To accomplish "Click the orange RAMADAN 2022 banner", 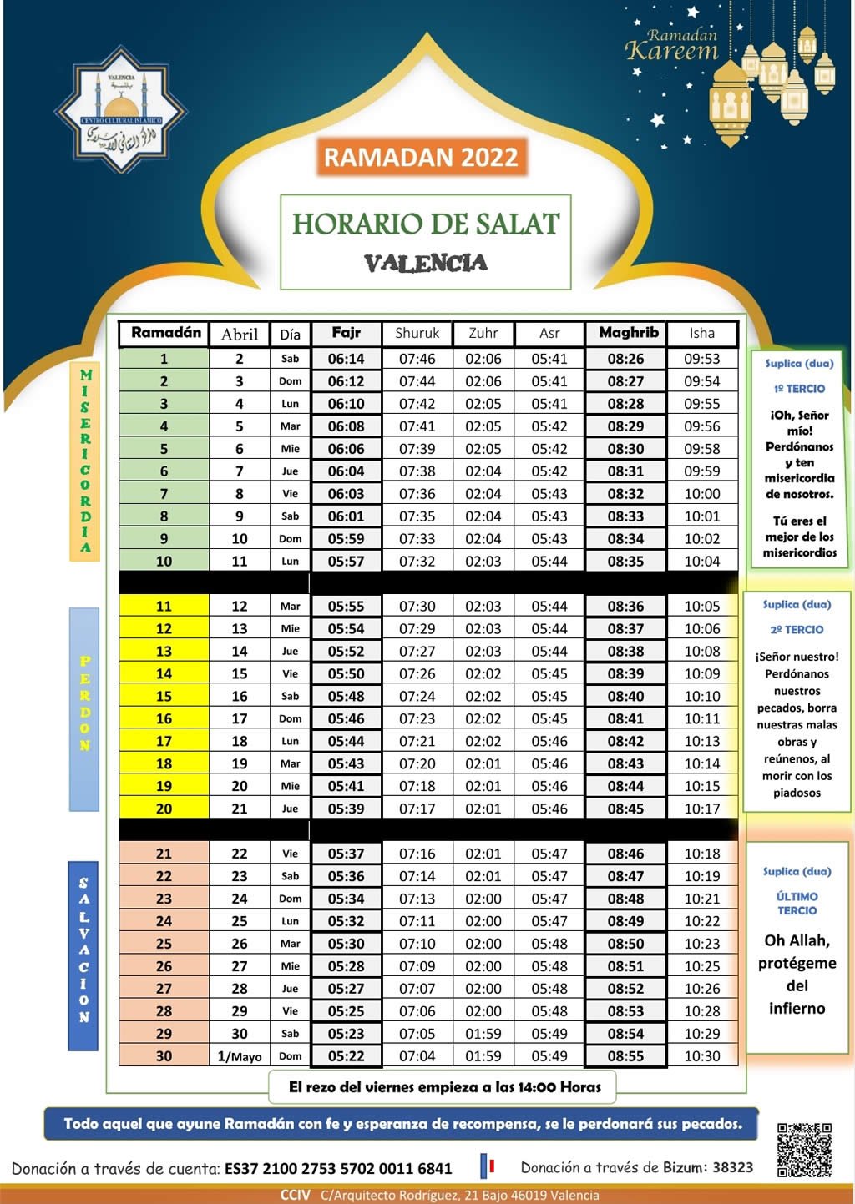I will [422, 157].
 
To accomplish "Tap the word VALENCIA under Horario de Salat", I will [426, 263].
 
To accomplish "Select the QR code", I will [804, 1150].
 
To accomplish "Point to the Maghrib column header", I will [628, 333].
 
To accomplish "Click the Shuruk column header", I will [417, 333].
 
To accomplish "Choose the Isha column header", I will [701, 333].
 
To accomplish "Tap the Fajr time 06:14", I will [346, 359].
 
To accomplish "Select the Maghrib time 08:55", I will [625, 1055].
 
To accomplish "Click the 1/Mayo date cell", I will [240, 1056].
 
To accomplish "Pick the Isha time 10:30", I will [701, 1055].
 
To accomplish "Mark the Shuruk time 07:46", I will [417, 359].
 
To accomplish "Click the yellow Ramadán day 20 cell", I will [164, 809].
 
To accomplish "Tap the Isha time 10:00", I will [701, 494].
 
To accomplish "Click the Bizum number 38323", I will [732, 1167].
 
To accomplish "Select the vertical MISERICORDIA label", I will [85, 461].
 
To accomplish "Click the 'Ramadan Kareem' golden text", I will [672, 46].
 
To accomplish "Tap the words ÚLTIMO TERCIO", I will [797, 904].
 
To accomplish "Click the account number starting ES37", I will [338, 1169].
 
